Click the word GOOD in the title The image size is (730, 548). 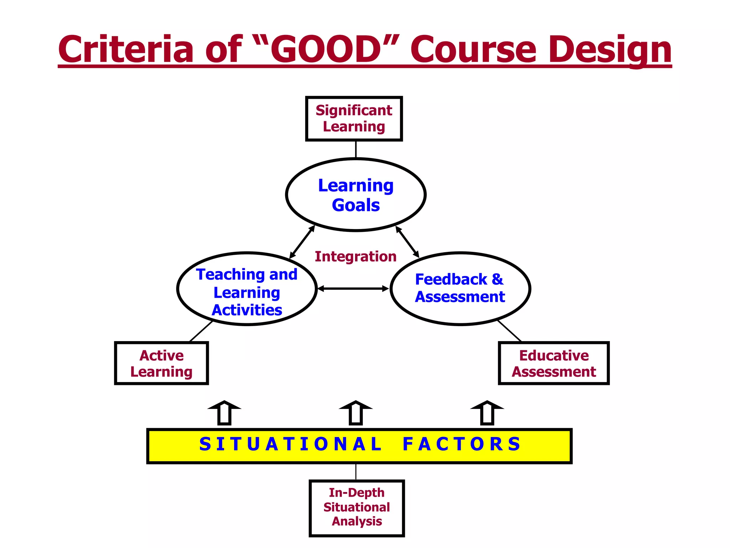coord(326,49)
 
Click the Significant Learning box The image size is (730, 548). coord(354,119)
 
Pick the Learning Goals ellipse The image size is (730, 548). coord(356,195)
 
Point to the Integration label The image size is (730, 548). coord(355,257)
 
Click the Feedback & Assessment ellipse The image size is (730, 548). coord(460,288)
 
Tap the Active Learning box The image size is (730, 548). coord(161,363)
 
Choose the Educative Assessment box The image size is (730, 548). coord(554,363)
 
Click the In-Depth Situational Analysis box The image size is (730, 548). coord(356,508)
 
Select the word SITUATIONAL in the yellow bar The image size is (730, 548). coord(291,445)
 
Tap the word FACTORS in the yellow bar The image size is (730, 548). coord(462,445)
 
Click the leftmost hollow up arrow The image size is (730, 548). coord(225,413)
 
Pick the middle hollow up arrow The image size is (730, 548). coord(356,413)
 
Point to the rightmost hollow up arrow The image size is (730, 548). coord(487,413)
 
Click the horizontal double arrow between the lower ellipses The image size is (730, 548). coord(353,289)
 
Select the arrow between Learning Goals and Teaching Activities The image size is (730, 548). coord(302,242)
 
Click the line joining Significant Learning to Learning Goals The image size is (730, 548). coord(356,149)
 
